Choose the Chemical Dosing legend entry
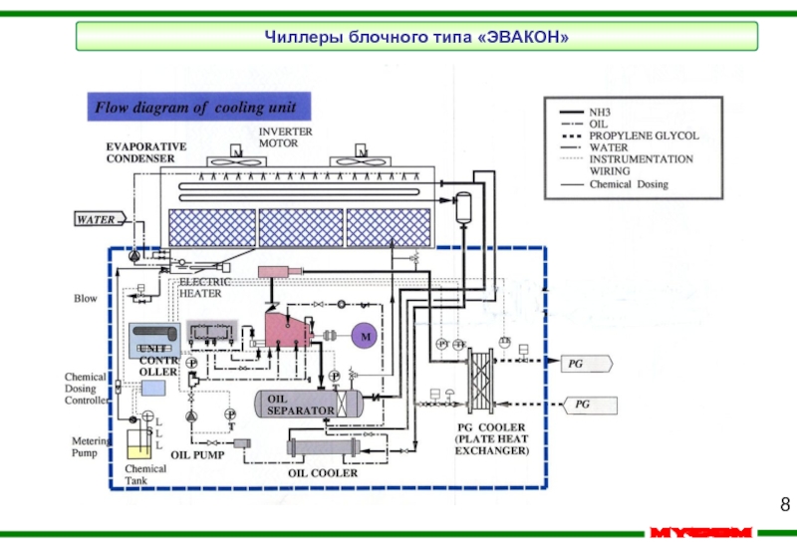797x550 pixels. point(628,183)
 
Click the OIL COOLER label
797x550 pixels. point(323,473)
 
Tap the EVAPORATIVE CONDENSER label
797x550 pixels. point(146,151)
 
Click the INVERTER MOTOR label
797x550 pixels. point(285,137)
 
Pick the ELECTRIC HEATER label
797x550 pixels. point(204,288)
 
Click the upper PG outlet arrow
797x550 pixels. point(585,365)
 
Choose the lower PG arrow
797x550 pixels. point(585,405)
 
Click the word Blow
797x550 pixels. point(86,298)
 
